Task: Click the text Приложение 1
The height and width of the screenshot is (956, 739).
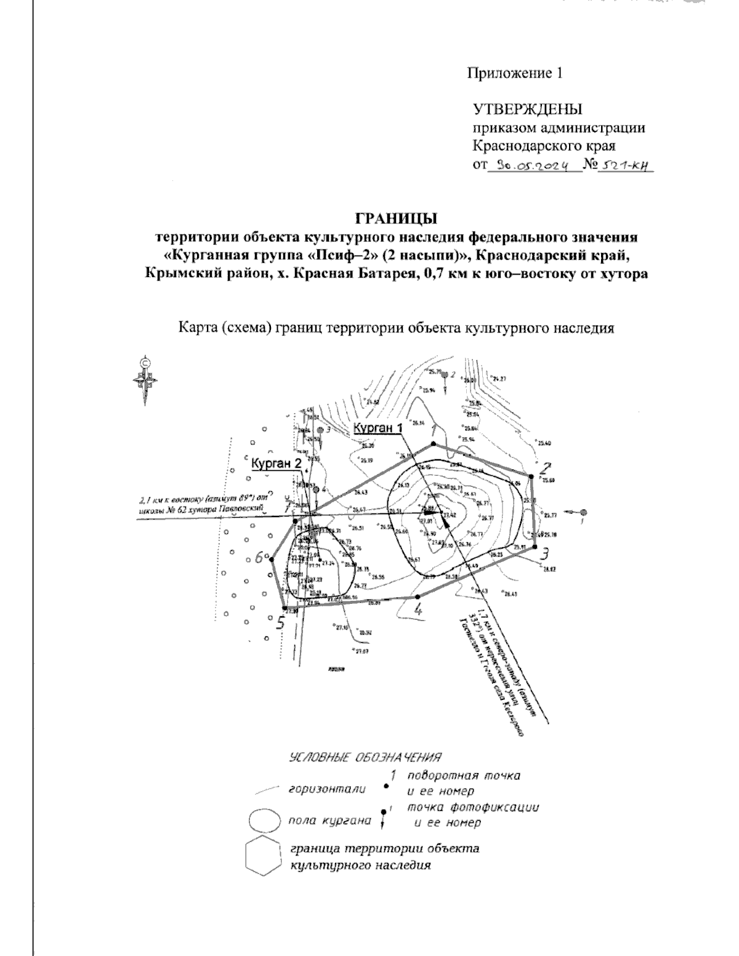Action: click(x=515, y=74)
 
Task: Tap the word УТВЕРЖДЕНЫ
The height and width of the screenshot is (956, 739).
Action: click(x=527, y=110)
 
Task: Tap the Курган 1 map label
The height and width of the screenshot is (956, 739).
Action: click(x=378, y=428)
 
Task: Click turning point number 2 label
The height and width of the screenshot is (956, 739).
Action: click(x=546, y=467)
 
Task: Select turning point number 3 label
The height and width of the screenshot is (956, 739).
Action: click(x=544, y=554)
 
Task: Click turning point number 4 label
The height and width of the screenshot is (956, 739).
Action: click(x=419, y=610)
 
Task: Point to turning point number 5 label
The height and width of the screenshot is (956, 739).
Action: click(x=280, y=623)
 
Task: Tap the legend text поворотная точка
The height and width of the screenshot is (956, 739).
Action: click(x=464, y=776)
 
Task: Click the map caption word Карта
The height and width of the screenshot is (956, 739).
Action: click(x=194, y=327)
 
